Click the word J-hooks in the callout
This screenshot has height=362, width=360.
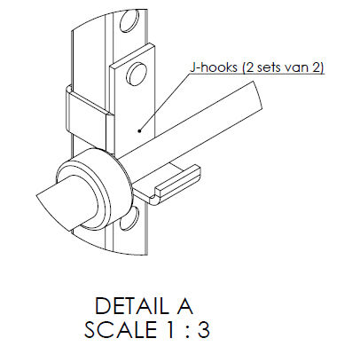214,67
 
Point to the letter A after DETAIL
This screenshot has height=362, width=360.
182,306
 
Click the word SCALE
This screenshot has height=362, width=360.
121,329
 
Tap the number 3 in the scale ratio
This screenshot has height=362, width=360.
204,329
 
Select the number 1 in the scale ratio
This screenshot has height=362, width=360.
170,329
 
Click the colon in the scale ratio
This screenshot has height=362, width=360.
186,331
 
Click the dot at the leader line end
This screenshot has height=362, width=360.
139,130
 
